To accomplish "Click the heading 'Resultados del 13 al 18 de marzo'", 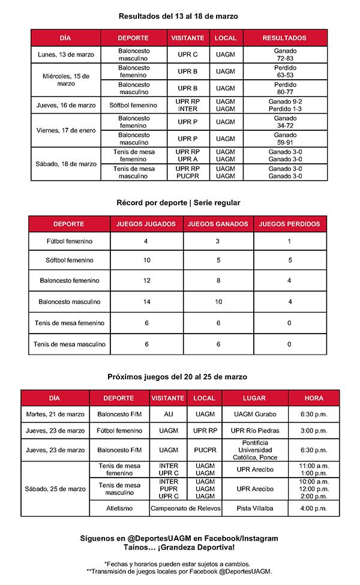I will click(x=178, y=16).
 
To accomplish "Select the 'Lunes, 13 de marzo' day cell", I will click(x=66, y=55).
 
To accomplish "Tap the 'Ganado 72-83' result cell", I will click(x=285, y=55).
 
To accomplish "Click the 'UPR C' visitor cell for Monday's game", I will click(x=187, y=55).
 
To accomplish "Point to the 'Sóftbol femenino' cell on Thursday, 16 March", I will click(x=133, y=105).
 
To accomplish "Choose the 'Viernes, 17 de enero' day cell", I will click(x=66, y=130).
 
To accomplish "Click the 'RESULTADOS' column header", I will click(x=284, y=38).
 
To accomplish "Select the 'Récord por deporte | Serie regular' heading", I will click(x=178, y=203).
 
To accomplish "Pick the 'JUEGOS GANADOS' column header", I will click(x=218, y=224).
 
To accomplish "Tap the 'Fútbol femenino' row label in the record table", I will click(x=70, y=241).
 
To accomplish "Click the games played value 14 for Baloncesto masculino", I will click(x=146, y=302).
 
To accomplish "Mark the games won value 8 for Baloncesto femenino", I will click(x=218, y=281).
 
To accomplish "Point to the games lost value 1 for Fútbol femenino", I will click(x=290, y=241).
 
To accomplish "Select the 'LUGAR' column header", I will click(x=254, y=398).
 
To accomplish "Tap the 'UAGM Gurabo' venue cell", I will click(x=254, y=414).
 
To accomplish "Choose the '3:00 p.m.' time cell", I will click(x=313, y=431).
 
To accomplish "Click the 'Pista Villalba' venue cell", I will click(x=254, y=508).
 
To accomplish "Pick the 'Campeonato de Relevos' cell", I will click(x=185, y=508).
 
